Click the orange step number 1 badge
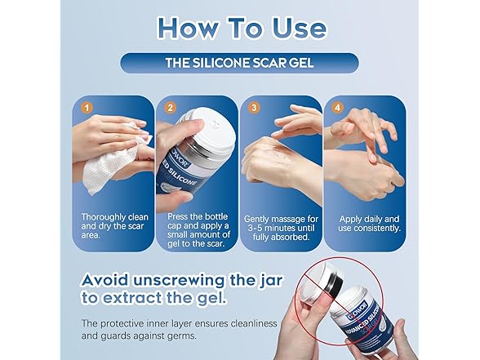(87, 108)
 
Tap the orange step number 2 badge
(171, 108)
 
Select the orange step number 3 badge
(254, 108)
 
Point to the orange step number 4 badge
(337, 108)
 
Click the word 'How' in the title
(188, 28)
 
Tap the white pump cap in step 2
(211, 129)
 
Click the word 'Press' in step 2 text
(177, 217)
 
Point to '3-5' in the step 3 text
(255, 228)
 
